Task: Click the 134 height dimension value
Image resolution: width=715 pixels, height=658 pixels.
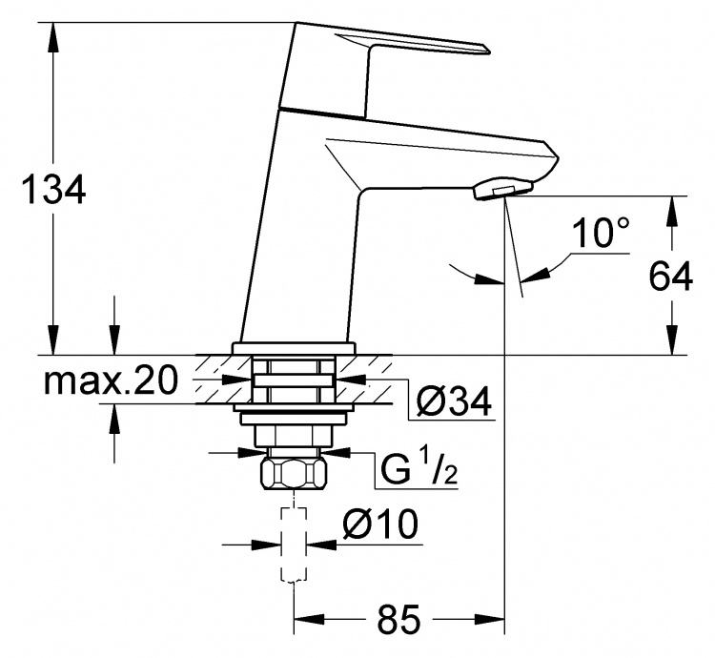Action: (53, 189)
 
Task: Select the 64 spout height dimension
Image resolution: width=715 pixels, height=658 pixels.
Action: (671, 276)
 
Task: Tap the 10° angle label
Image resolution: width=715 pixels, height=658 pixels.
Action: (601, 232)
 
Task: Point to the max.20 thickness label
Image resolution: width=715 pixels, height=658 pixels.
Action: (111, 381)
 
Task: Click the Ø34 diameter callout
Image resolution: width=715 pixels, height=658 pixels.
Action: (454, 401)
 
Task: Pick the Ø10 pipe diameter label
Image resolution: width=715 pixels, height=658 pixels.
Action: (379, 524)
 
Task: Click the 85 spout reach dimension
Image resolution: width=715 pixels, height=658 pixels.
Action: (398, 619)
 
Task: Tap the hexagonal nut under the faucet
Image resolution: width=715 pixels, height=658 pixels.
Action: (295, 474)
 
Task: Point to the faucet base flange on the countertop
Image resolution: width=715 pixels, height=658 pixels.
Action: (294, 349)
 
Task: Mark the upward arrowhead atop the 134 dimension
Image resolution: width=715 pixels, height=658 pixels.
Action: (53, 36)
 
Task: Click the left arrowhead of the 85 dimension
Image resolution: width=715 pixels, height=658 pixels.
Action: (309, 619)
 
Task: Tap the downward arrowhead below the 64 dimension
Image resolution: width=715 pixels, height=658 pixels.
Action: (671, 340)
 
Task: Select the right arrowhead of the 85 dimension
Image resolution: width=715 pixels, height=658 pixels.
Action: (490, 619)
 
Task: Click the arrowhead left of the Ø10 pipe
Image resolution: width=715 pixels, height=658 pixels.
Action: (267, 545)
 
